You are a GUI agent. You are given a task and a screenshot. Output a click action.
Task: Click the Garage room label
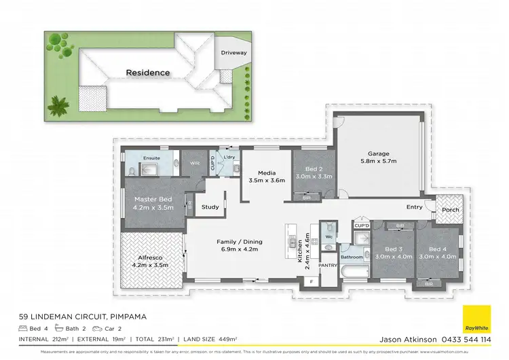[377, 154]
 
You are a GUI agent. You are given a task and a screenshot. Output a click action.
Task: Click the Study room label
[210, 206]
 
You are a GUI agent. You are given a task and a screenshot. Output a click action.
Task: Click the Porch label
[450, 209]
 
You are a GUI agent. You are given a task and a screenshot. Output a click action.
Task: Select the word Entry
[414, 206]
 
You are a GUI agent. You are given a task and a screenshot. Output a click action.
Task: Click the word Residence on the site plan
[147, 72]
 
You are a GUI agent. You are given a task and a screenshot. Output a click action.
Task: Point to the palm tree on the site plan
[58, 104]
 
